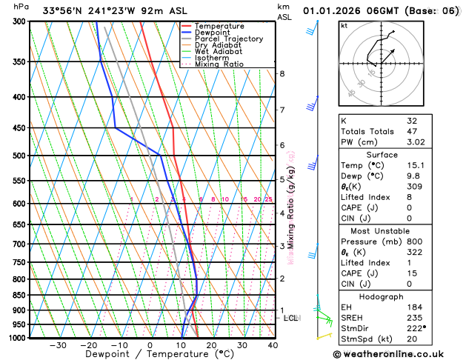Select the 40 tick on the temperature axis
(x=273, y=344)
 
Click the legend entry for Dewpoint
(x=213, y=33)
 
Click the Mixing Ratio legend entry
(x=219, y=64)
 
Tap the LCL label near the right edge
(x=290, y=318)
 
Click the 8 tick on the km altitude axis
(x=282, y=74)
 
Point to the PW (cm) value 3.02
(x=416, y=142)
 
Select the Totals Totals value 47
(x=412, y=131)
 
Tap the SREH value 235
(x=414, y=318)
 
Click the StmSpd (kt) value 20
(x=412, y=339)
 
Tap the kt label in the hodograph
(x=344, y=26)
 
